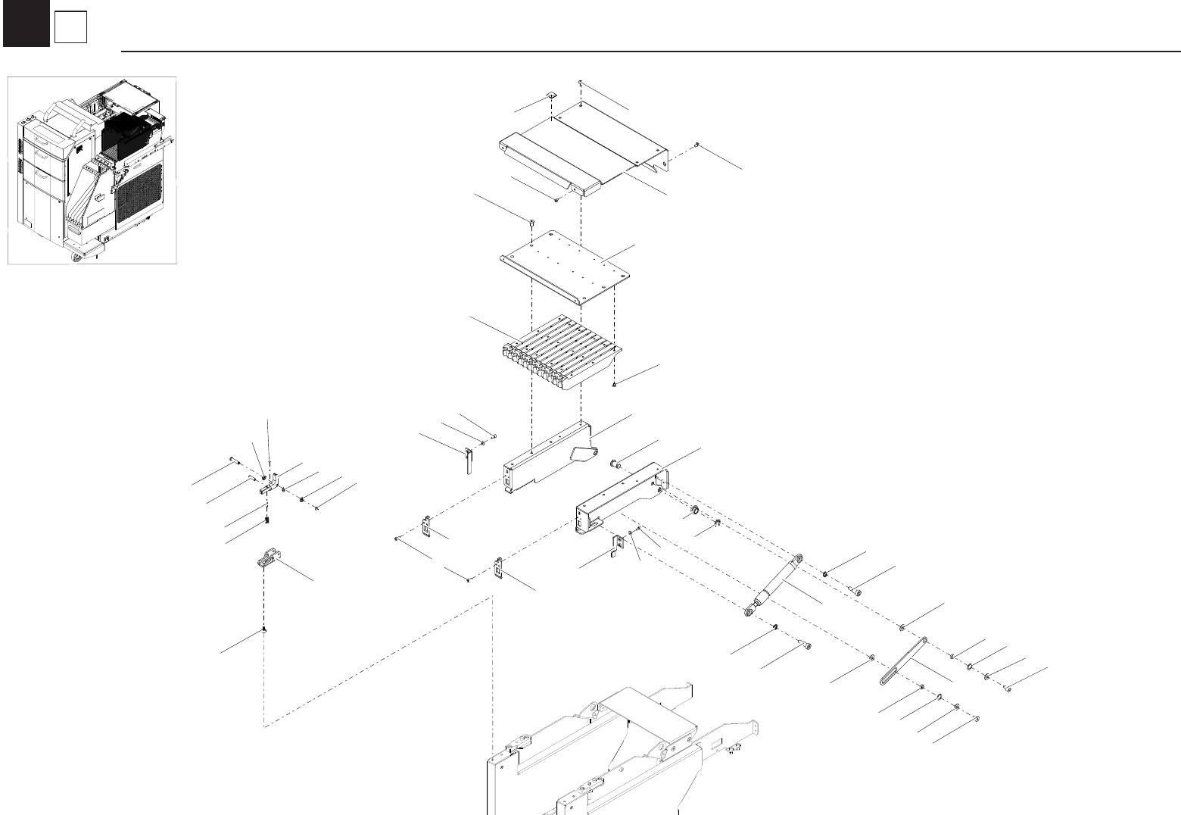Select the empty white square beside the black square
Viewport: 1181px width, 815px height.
click(71, 29)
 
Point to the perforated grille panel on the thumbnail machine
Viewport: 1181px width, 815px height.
click(139, 192)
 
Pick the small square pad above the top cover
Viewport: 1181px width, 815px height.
click(552, 95)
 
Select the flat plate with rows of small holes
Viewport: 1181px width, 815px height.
click(566, 265)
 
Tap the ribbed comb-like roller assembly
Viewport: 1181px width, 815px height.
click(560, 356)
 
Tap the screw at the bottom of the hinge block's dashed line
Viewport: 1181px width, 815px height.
click(263, 630)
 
